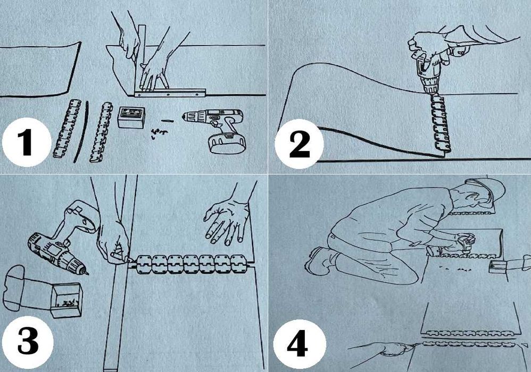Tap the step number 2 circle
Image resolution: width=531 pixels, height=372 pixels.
(x=300, y=143)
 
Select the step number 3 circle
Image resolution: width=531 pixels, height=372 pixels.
(x=28, y=342)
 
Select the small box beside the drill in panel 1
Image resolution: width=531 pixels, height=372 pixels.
(x=131, y=117)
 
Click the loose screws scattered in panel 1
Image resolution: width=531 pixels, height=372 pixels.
(x=159, y=132)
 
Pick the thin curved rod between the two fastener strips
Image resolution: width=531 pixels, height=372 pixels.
(x=82, y=131)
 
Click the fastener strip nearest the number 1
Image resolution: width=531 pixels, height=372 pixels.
(x=67, y=129)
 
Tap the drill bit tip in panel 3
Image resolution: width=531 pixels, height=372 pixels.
(x=87, y=273)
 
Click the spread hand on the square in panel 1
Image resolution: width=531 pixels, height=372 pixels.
(x=154, y=73)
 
